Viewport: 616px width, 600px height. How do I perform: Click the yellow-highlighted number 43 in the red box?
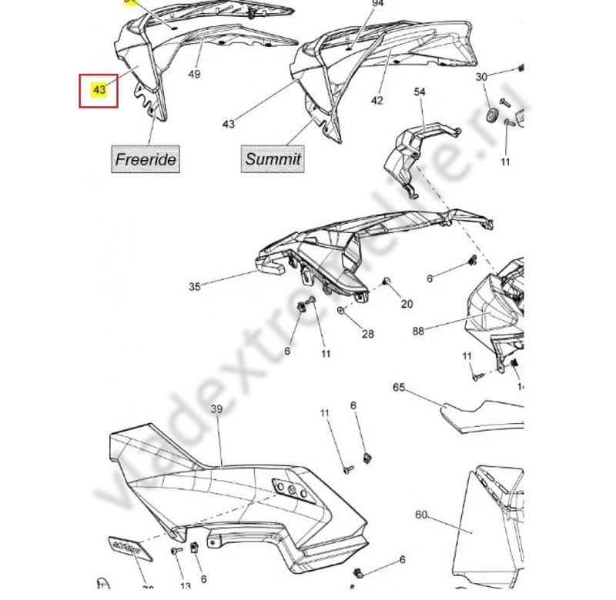coord(99,89)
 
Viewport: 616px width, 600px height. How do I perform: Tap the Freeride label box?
coord(146,159)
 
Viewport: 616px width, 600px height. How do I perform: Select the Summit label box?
coord(273,159)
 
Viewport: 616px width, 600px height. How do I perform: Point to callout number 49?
coord(194,74)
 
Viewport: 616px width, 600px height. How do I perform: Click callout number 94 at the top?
coord(377,4)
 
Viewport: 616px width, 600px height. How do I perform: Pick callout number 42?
coord(377,101)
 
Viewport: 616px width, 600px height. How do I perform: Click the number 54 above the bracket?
coord(420,92)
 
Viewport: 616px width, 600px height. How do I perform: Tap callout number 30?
coord(481,77)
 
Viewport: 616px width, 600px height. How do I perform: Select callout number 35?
coord(195,287)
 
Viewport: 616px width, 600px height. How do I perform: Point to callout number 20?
coord(407,304)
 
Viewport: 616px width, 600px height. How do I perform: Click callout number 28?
coord(368,333)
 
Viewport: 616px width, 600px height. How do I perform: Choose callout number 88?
coord(418,332)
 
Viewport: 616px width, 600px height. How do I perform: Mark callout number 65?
coord(398,387)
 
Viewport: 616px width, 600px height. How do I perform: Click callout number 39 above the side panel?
coord(216,409)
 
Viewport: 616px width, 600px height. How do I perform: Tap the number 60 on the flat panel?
coord(420,515)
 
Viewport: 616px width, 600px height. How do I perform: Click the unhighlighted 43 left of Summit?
coord(228,124)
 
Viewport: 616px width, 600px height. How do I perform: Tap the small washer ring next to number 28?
coord(340,313)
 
